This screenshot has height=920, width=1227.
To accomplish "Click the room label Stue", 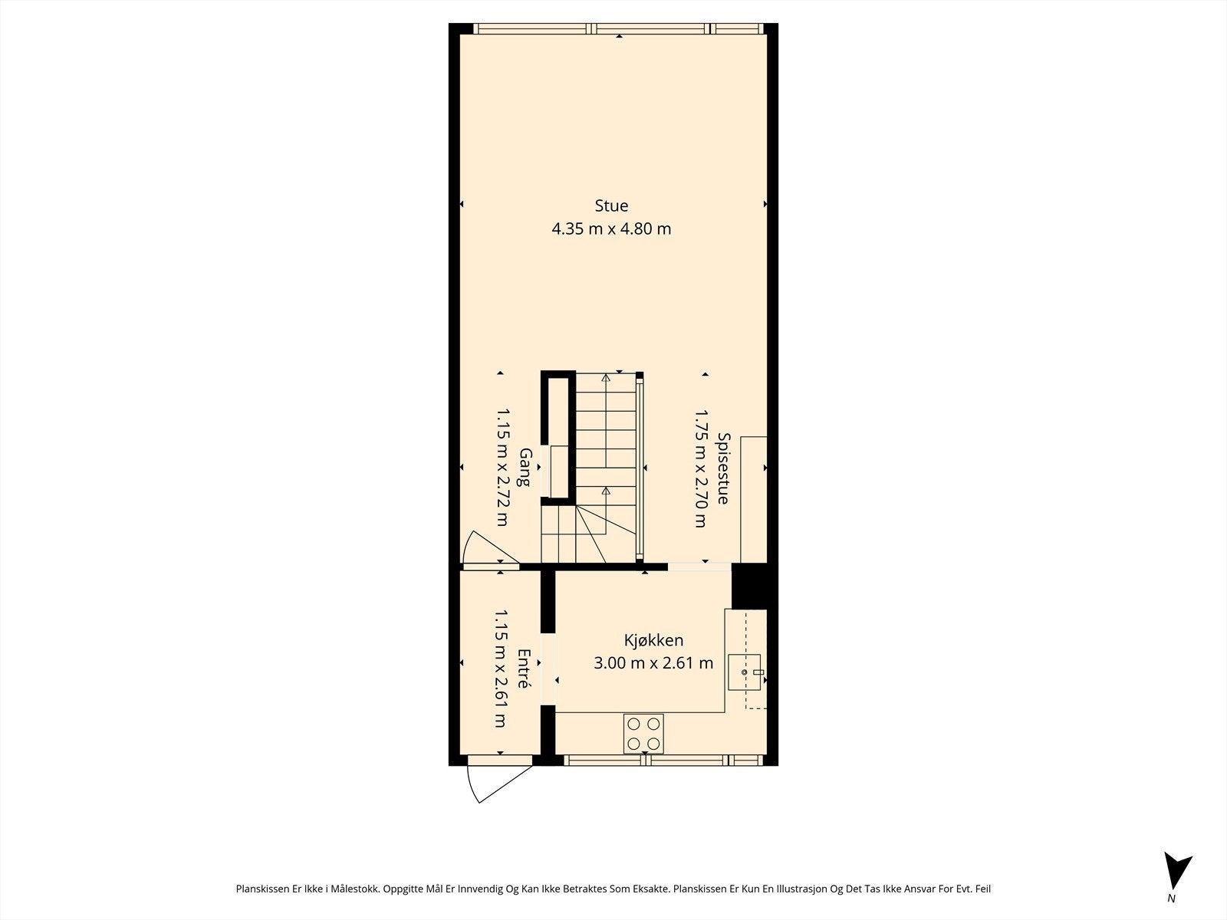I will (x=611, y=205).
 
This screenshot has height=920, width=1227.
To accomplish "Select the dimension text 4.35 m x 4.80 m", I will (x=611, y=228).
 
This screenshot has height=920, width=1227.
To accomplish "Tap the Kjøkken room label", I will (x=653, y=640).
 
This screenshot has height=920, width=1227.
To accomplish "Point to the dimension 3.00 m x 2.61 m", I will (x=653, y=663).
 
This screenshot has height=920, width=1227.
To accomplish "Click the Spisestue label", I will (x=722, y=468).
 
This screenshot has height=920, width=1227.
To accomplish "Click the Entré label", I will (x=524, y=669).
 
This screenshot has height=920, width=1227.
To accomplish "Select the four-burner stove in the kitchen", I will (x=644, y=733).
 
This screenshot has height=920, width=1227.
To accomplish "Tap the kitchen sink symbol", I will (x=744, y=672).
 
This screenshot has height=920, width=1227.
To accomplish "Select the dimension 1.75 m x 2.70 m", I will (x=700, y=468).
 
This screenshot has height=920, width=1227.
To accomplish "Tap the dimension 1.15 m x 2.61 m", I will (x=500, y=669).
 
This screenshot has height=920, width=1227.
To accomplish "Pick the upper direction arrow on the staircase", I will (x=606, y=377).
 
